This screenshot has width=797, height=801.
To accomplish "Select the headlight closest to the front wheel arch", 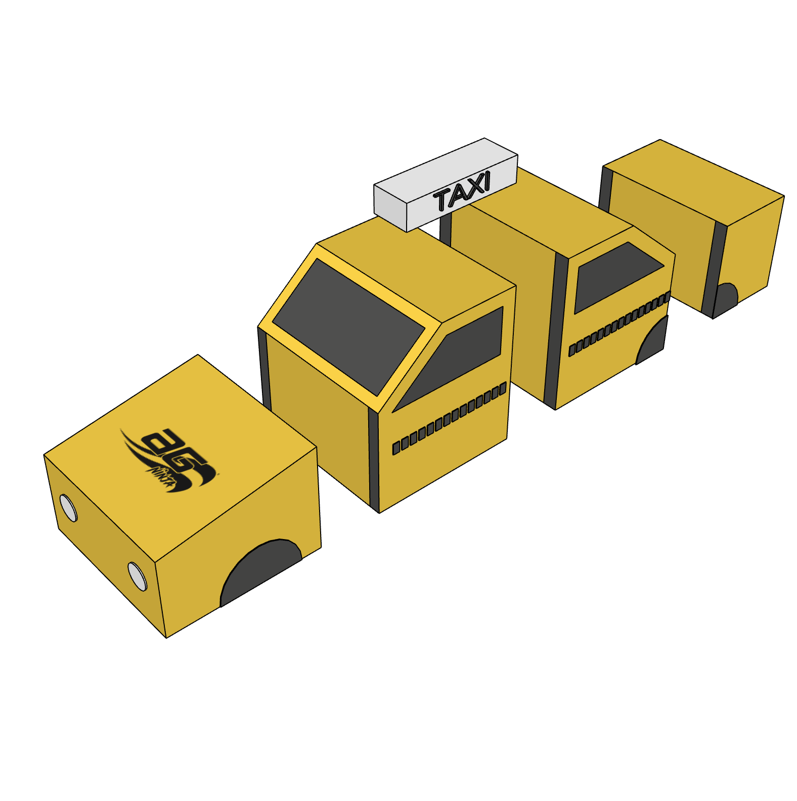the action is (137, 576).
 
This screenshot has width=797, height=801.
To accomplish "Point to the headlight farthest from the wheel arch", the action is (68, 508).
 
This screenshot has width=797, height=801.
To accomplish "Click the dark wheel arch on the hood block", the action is (260, 571).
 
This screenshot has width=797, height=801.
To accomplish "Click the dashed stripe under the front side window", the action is (449, 418).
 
